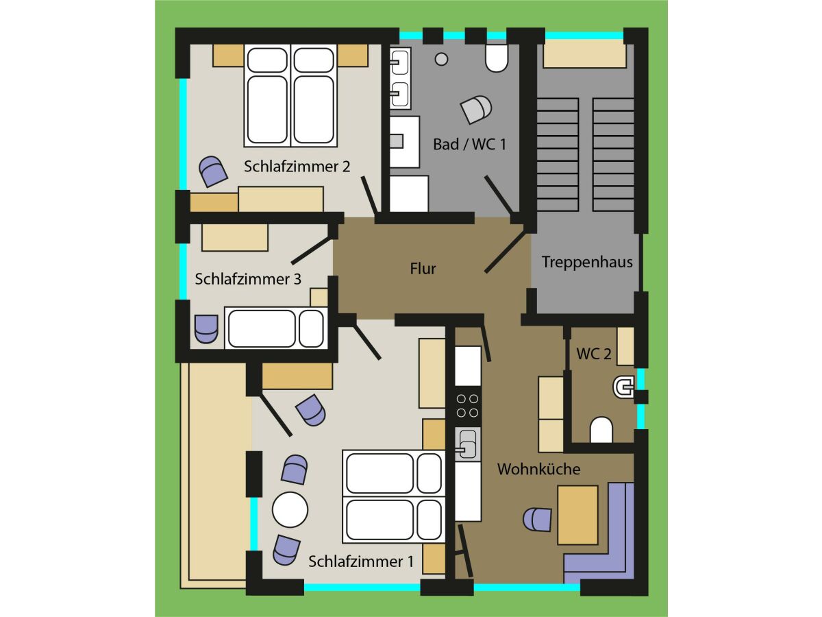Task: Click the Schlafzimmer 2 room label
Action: [x=297, y=167]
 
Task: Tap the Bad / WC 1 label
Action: [x=469, y=144]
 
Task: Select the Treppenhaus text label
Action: [x=587, y=263]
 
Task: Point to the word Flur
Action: [x=423, y=269]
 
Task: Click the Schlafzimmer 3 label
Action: [x=248, y=279]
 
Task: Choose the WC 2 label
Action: [x=594, y=354]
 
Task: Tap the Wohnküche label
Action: [x=538, y=469]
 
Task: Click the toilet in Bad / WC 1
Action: [x=497, y=59]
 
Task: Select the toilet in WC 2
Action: [x=601, y=430]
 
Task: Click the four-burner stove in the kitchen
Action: [x=468, y=406]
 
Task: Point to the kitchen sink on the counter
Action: [x=468, y=445]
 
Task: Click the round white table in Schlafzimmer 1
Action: [x=290, y=509]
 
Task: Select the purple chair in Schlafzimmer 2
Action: [x=213, y=171]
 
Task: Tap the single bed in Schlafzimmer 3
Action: [x=276, y=328]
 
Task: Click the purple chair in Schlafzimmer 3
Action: [x=206, y=329]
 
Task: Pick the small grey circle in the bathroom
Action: [x=442, y=59]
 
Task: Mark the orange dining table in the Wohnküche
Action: [x=577, y=515]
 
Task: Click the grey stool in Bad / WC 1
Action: [x=476, y=109]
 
